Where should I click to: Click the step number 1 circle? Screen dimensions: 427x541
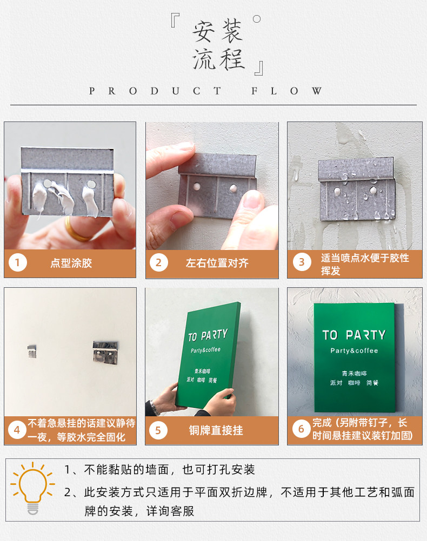point(17,263)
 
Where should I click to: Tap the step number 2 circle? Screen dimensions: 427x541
point(158,263)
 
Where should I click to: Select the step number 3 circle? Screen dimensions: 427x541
point(302,262)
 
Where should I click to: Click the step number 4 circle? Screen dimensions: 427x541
point(17,430)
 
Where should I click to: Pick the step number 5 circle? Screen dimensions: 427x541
point(158,430)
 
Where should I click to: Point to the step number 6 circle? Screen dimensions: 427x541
point(301,429)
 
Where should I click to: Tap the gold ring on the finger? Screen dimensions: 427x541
point(75,230)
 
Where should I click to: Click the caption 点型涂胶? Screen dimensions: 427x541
point(71,263)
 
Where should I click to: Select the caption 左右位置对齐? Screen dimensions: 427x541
point(217,263)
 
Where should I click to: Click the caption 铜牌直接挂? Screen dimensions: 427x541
point(216,430)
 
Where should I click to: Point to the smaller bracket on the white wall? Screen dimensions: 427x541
point(32,351)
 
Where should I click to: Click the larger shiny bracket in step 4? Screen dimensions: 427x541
point(105,352)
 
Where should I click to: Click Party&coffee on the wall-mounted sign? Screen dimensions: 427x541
point(354,350)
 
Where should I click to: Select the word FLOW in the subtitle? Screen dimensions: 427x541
point(287,91)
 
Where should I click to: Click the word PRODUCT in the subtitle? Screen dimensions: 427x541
point(155,91)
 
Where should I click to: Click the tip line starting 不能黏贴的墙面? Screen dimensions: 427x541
point(159,470)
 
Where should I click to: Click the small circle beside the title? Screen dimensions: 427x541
point(257,19)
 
